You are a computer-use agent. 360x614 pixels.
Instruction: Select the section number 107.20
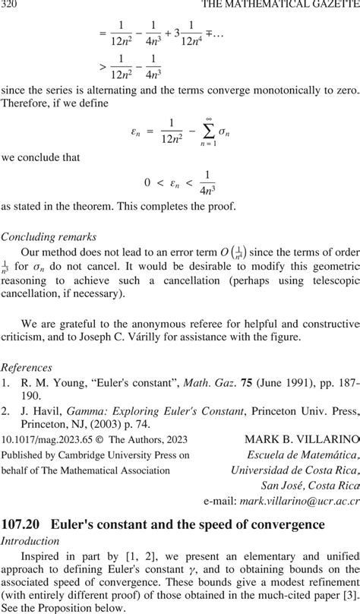23,524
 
